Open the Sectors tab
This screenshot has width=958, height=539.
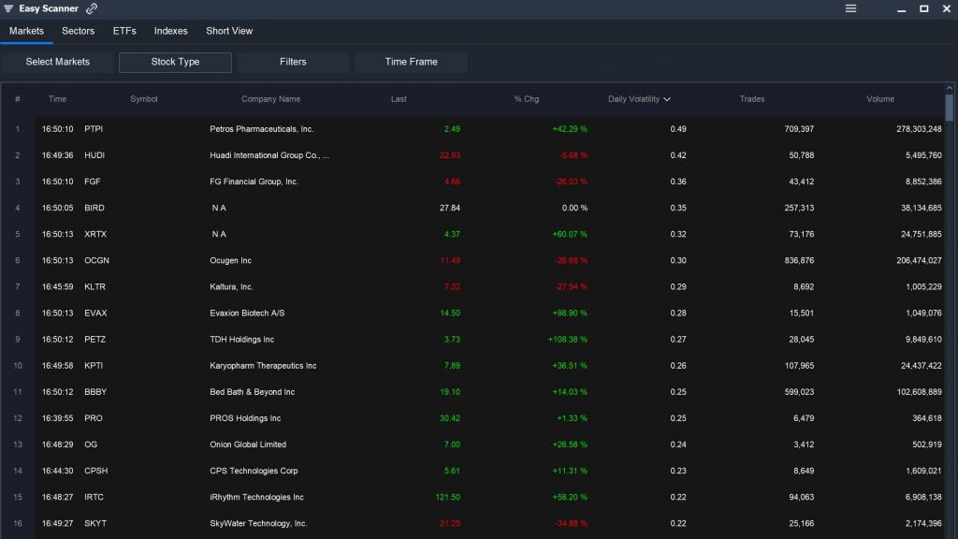(78, 31)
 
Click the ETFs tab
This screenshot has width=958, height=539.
(124, 31)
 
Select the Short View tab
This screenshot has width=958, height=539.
(229, 31)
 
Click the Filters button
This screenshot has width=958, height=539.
(293, 62)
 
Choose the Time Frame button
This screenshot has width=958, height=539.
(411, 62)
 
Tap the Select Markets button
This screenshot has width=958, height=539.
(58, 62)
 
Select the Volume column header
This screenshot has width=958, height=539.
(879, 99)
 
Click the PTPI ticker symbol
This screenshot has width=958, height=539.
(94, 129)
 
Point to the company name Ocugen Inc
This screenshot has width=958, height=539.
(230, 260)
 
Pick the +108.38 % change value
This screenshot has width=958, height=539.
(568, 340)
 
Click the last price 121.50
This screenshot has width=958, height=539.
(447, 497)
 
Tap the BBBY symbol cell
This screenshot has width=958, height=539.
(95, 392)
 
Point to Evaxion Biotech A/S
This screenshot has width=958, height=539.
(247, 313)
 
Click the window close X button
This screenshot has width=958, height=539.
(946, 8)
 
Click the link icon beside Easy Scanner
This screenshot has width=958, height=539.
(92, 8)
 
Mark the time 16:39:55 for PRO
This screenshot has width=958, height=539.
(57, 418)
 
